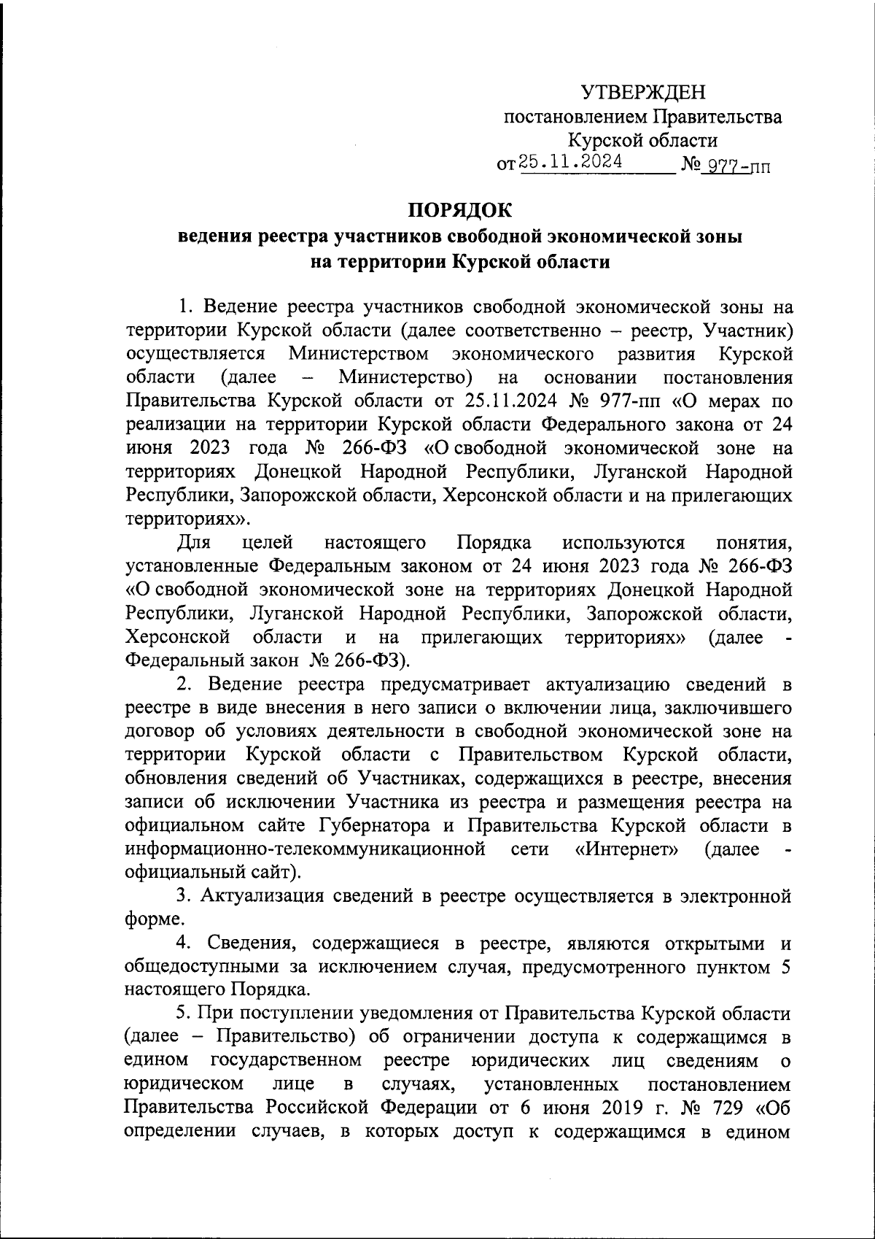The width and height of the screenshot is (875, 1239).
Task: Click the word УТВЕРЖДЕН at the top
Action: [643, 93]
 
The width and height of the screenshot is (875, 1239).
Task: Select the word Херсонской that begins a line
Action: [178, 637]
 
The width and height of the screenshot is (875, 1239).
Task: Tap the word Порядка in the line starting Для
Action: [494, 542]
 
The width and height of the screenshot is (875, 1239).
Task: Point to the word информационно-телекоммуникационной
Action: [306, 849]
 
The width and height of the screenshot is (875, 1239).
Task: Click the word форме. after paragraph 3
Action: [150, 919]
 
